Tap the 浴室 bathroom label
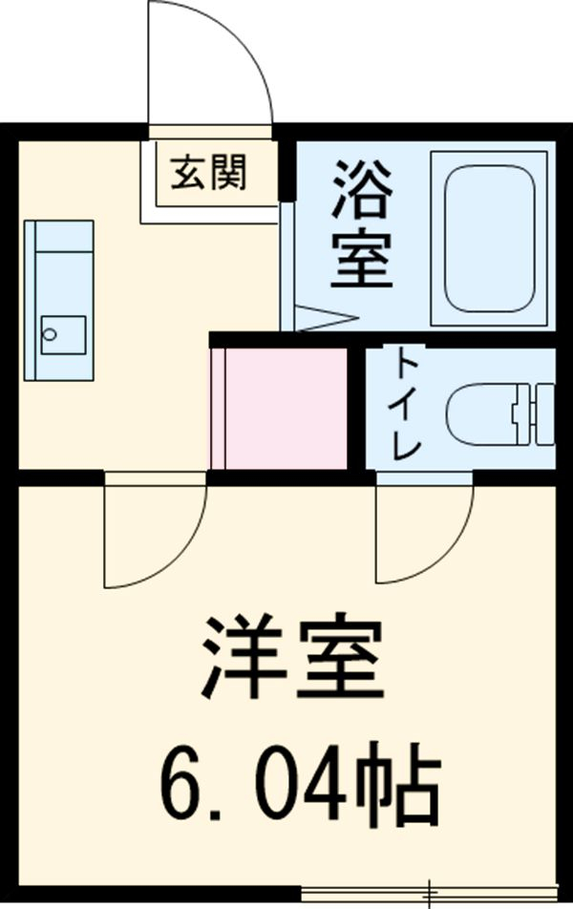point(363,225)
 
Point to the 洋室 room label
point(292,659)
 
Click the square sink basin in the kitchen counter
point(63,335)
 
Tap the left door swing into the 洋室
point(153,535)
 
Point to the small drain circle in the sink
point(52,335)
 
